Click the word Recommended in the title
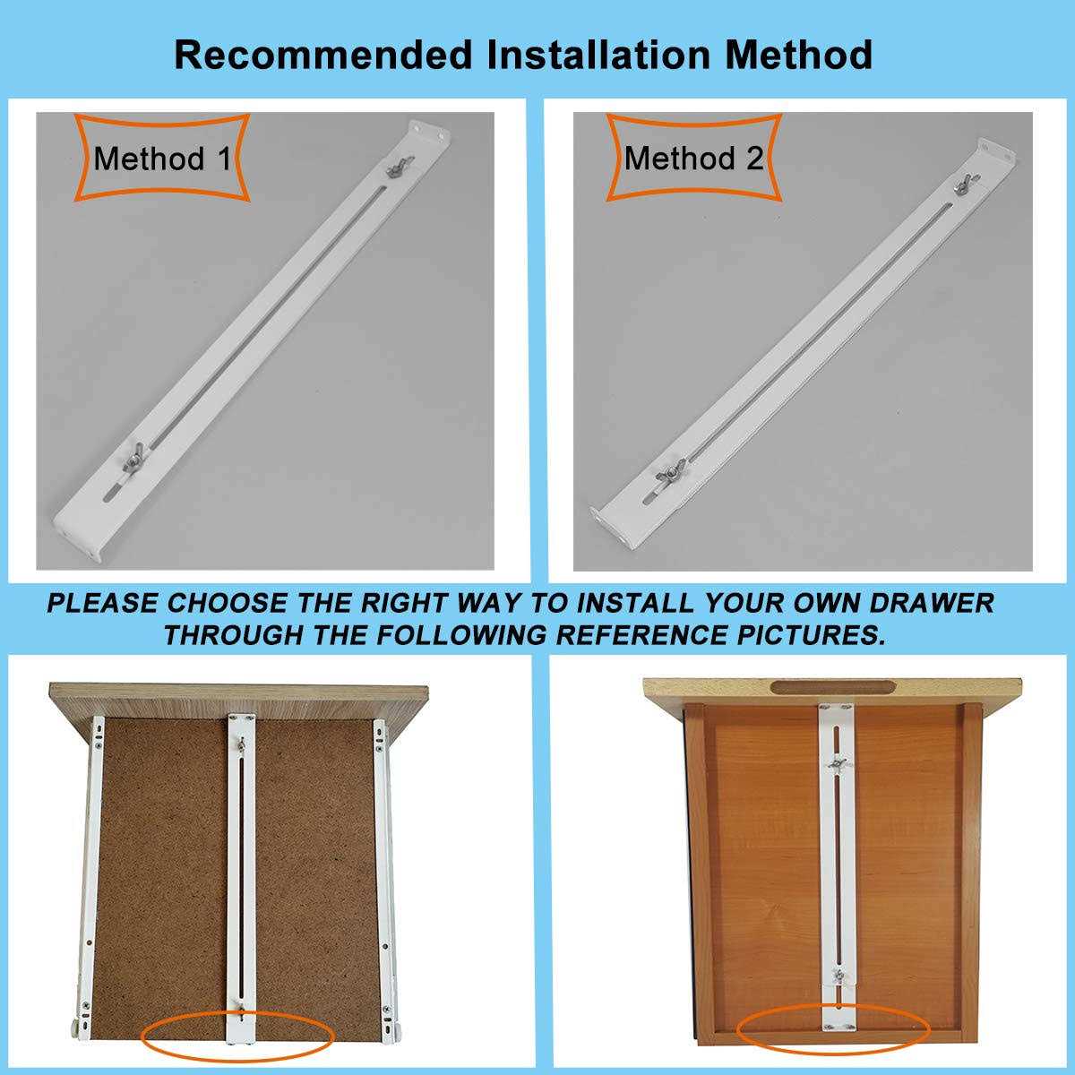(x=322, y=56)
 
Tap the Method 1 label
(x=162, y=159)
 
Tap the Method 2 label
(x=694, y=159)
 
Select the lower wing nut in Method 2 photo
(x=669, y=469)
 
